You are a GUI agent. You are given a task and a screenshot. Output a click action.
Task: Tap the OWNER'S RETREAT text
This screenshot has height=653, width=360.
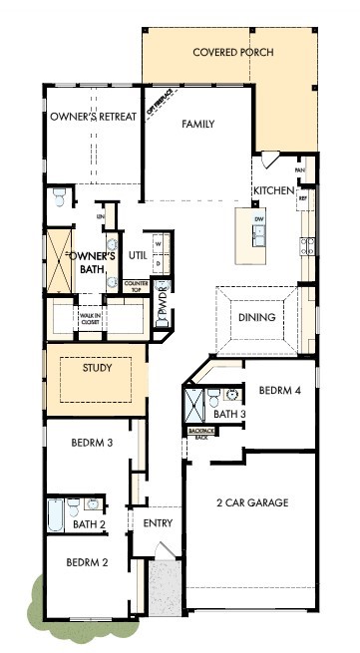92,117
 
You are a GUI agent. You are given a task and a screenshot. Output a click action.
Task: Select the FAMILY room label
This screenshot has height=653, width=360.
198,125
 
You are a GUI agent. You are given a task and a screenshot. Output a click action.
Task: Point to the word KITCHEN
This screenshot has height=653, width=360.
273,190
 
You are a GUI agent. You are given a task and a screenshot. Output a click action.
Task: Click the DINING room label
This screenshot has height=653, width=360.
256,318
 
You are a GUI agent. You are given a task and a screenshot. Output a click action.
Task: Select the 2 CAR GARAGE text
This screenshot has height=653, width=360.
251,503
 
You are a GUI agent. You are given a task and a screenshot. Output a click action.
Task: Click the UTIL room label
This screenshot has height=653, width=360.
138,256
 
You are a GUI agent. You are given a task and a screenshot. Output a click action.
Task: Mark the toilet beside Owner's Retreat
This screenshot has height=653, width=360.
60,197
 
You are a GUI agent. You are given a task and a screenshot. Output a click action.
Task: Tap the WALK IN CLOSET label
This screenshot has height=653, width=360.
91,320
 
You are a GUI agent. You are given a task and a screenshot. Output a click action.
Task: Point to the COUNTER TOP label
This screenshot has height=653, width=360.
136,286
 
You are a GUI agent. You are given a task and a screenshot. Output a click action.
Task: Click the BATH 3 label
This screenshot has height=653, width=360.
229,414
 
